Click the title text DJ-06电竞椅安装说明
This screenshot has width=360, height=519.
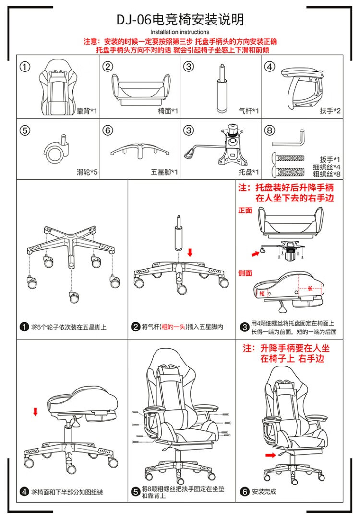click(x=180, y=20)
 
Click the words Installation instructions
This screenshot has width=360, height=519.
click(x=180, y=32)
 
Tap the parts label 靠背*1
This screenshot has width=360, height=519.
click(x=87, y=111)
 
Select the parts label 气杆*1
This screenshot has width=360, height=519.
click(x=249, y=111)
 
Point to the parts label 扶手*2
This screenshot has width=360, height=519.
click(x=330, y=111)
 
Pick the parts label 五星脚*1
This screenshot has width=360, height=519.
click(x=168, y=172)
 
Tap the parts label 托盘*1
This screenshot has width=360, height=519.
click(x=249, y=172)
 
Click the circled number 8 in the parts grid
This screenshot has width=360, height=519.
click(x=270, y=131)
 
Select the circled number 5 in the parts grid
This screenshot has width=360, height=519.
click(x=25, y=131)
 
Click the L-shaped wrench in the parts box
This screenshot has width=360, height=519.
click(x=288, y=140)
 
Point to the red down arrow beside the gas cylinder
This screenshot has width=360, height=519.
click(x=190, y=252)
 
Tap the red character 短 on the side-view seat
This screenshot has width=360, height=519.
click(x=262, y=294)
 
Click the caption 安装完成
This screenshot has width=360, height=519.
click(x=264, y=492)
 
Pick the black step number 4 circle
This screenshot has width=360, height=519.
click(x=24, y=492)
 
